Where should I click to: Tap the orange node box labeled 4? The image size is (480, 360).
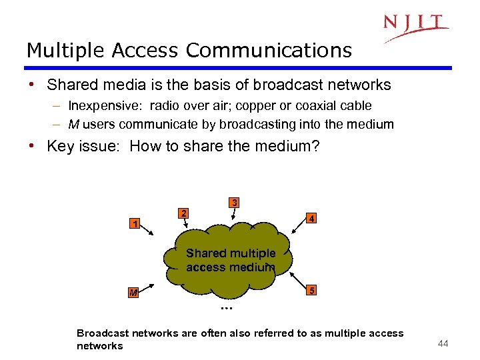(310, 218)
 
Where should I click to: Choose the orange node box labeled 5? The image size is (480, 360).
(310, 290)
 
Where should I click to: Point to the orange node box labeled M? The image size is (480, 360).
(135, 293)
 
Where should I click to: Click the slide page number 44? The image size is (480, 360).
(442, 343)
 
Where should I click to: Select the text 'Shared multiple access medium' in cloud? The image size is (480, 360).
(230, 260)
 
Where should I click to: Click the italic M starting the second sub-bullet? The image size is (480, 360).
(73, 124)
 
